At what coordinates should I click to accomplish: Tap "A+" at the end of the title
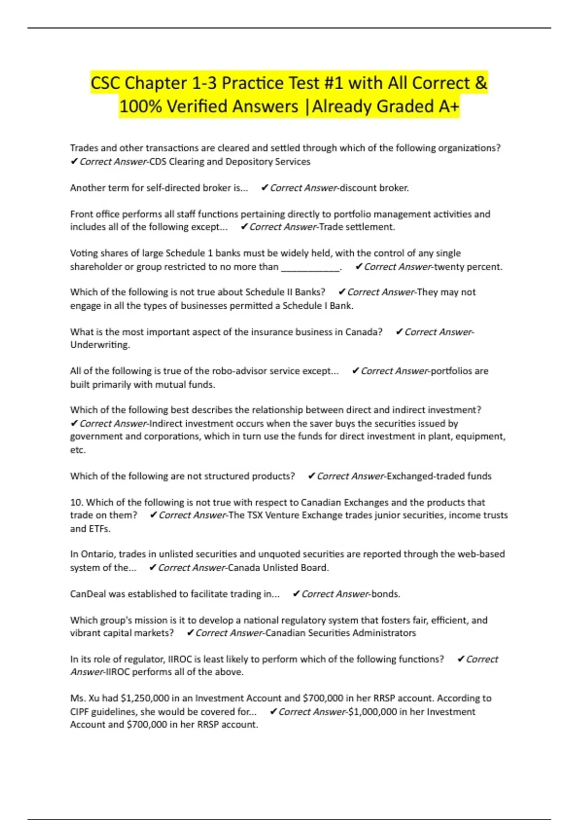pos(448,106)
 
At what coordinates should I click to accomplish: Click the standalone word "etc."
pos(78,450)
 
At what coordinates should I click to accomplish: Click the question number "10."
pos(77,502)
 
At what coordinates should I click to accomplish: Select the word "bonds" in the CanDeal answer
pos(385,594)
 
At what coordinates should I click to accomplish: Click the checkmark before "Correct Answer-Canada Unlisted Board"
pos(152,568)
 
